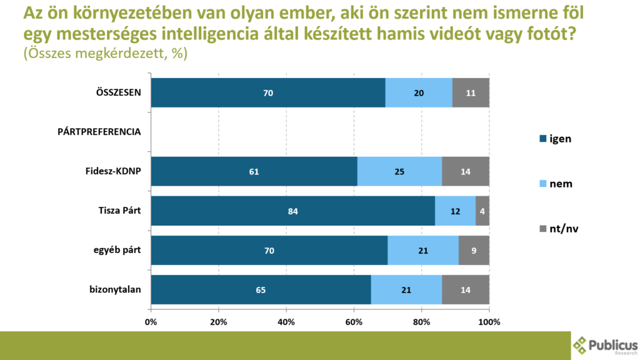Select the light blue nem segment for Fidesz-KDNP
pyautogui.click(x=399, y=171)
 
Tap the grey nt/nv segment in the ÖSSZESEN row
pyautogui.click(x=471, y=92)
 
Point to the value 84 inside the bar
pyautogui.click(x=292, y=211)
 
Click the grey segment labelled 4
pyautogui.click(x=482, y=211)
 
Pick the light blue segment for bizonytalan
pyautogui.click(x=406, y=289)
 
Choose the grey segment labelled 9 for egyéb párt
pyautogui.click(x=474, y=250)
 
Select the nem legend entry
pyautogui.click(x=556, y=184)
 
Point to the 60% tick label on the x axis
pyautogui.click(x=354, y=322)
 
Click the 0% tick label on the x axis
pyautogui.click(x=151, y=322)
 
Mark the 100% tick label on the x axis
pyautogui.click(x=489, y=322)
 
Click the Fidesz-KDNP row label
pyautogui.click(x=113, y=171)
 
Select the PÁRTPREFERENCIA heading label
pyautogui.click(x=99, y=132)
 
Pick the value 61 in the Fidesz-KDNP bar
pyautogui.click(x=254, y=171)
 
